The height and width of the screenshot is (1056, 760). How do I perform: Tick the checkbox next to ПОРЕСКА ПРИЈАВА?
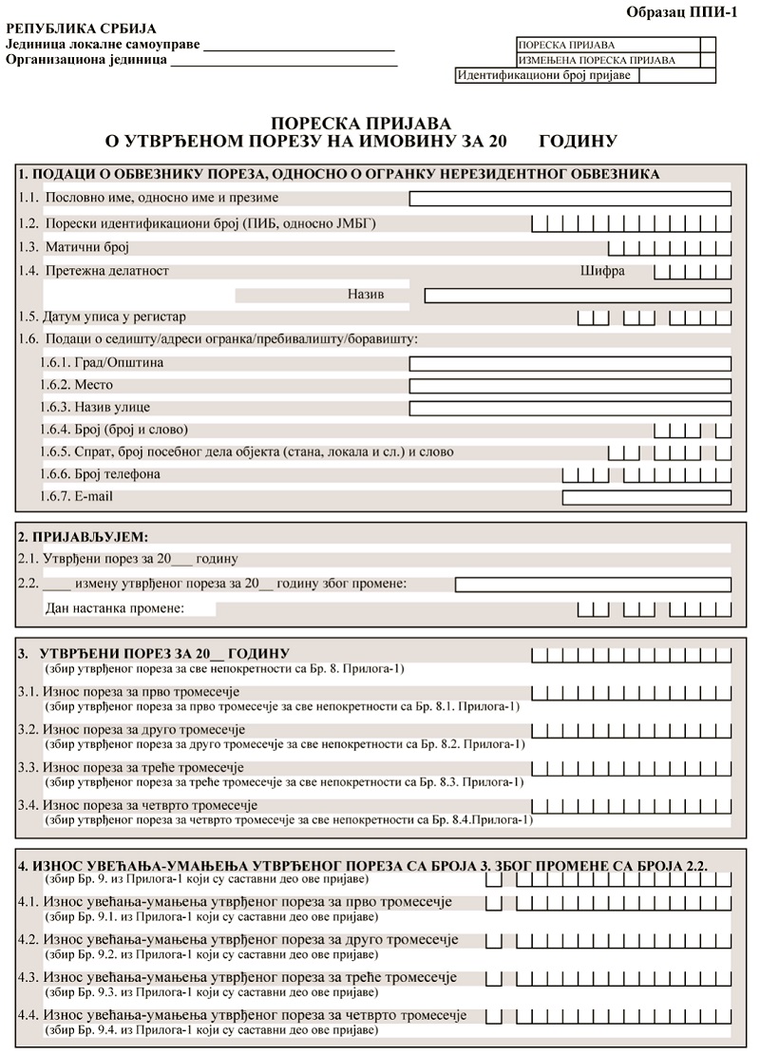(x=708, y=45)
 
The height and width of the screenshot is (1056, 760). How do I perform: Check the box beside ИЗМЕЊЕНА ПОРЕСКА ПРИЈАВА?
(x=708, y=60)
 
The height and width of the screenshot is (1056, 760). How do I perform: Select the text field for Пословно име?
(x=570, y=199)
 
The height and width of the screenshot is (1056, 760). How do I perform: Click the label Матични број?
(x=87, y=247)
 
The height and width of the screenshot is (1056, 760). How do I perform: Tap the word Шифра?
(x=602, y=271)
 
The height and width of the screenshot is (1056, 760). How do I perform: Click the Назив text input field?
(x=577, y=296)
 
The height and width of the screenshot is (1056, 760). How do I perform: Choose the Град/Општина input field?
(x=570, y=364)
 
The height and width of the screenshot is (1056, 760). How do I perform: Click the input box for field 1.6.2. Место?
(x=570, y=386)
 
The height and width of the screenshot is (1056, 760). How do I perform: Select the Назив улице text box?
(x=570, y=409)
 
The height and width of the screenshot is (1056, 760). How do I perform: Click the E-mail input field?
(x=646, y=497)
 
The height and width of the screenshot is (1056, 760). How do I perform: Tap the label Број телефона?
(x=113, y=474)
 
